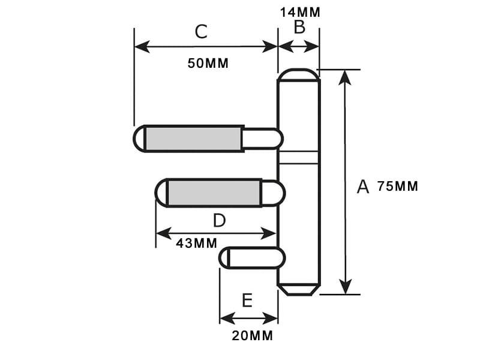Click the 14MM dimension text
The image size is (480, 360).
click(x=300, y=13)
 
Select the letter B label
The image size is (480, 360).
click(x=299, y=27)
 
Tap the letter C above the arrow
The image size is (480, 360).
click(x=201, y=32)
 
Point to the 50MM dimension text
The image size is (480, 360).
click(x=208, y=64)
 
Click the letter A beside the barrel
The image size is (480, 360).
click(x=363, y=187)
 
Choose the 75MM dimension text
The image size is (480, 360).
click(x=397, y=186)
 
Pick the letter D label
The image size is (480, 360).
click(x=219, y=220)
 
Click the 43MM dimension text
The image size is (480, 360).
click(x=196, y=244)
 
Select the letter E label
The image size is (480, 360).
click(x=247, y=301)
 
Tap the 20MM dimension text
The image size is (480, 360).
click(x=252, y=336)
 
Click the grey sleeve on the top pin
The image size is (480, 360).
click(x=193, y=139)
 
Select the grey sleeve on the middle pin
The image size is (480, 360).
click(x=214, y=193)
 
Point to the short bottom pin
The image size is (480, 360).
click(x=252, y=258)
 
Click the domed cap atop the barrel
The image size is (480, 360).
click(x=298, y=74)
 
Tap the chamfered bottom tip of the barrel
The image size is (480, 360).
click(x=299, y=290)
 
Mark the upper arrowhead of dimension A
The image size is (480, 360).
click(x=346, y=77)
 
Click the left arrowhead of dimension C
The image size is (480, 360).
click(x=142, y=47)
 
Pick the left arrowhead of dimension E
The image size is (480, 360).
click(x=227, y=319)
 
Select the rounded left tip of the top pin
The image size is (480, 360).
click(x=139, y=139)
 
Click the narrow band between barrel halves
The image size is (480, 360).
click(x=298, y=158)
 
